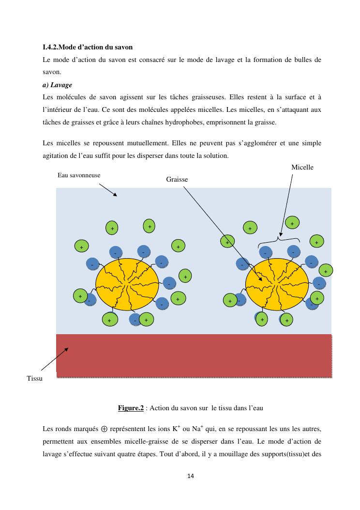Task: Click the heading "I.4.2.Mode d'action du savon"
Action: pos(88,47)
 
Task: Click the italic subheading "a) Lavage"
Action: pos(58,85)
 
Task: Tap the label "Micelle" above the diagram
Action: pos(302,167)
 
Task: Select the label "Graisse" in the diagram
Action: pos(177,179)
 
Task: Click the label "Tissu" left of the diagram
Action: pos(34,378)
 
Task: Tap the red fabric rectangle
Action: pos(194,355)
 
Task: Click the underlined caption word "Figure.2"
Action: pos(131,408)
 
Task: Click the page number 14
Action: pos(191,476)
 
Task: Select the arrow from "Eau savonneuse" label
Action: pos(108,189)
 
